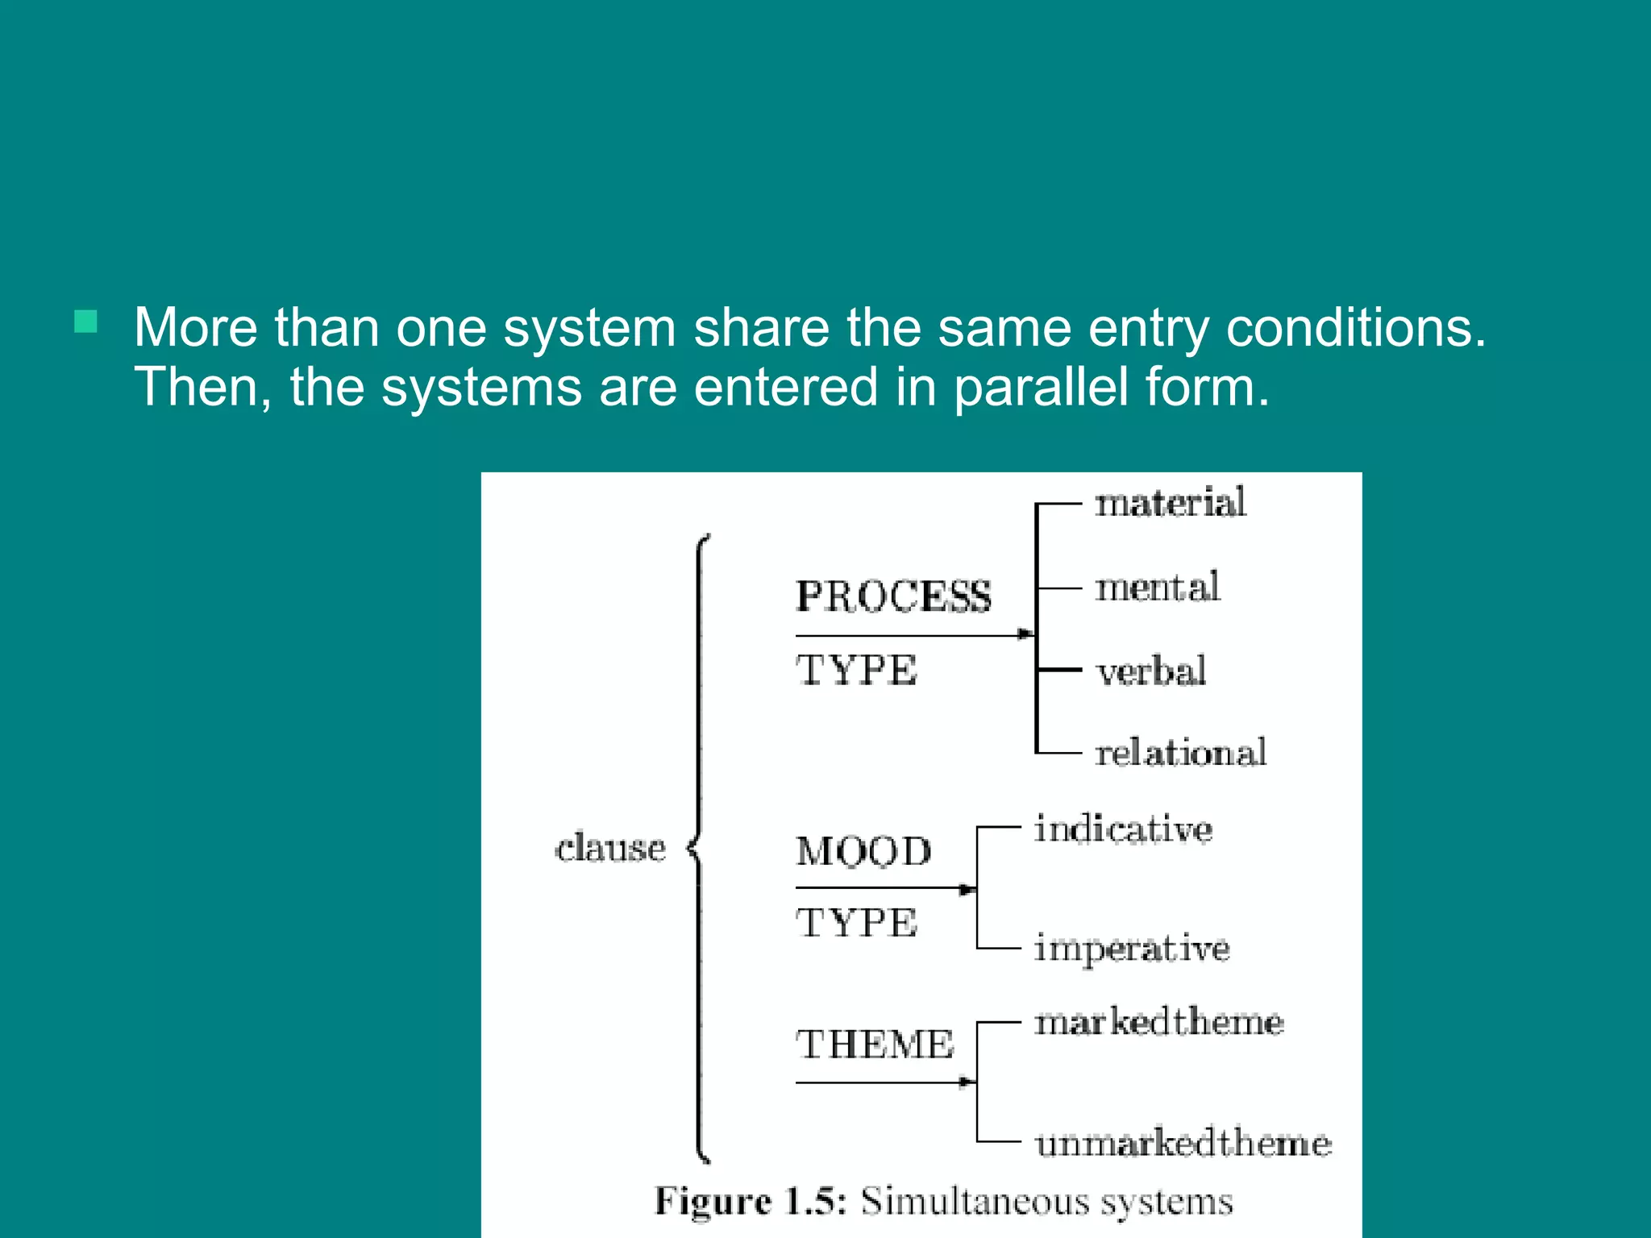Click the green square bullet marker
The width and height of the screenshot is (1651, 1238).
tap(85, 322)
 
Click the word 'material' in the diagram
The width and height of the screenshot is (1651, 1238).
tap(1170, 503)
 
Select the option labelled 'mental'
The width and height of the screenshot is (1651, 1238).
tap(1157, 588)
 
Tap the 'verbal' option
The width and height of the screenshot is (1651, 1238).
tap(1150, 671)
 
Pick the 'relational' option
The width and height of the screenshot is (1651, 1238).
tap(1180, 753)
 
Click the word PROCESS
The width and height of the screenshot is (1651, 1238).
tap(893, 597)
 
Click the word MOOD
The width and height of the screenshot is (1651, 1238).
tap(863, 852)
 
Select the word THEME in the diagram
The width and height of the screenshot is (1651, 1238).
tap(875, 1045)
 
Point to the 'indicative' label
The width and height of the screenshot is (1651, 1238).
tap(1123, 829)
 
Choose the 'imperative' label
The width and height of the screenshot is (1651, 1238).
tap(1132, 949)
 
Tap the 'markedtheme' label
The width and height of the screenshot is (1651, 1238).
tap(1158, 1022)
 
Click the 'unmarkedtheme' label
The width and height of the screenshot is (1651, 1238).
tap(1183, 1143)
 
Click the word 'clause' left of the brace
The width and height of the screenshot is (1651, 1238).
tap(610, 848)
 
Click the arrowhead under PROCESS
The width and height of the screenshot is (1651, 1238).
tap(1025, 634)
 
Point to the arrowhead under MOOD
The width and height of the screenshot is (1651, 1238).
tap(967, 890)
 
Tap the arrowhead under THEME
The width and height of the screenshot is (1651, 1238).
tap(967, 1082)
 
